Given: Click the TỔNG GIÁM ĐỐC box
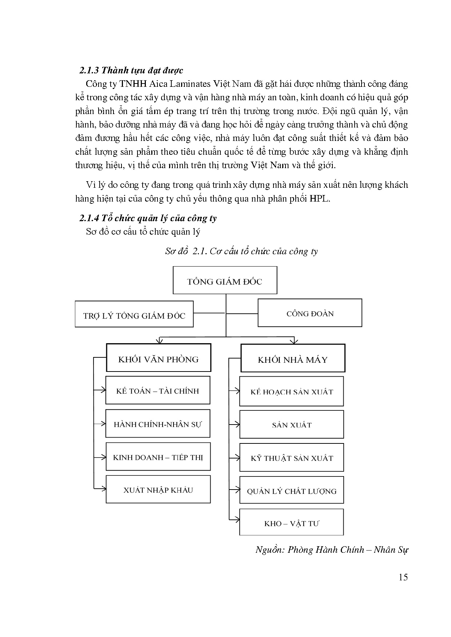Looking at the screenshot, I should (x=225, y=280).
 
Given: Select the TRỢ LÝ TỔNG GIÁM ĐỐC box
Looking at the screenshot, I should (x=134, y=315).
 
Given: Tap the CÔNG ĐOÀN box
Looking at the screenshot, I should (x=310, y=313).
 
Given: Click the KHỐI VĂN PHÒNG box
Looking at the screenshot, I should (x=158, y=358).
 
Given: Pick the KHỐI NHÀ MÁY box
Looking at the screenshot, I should (x=293, y=359).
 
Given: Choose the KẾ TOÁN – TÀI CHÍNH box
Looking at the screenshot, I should (x=158, y=390).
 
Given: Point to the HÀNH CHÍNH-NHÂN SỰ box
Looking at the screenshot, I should (x=158, y=424).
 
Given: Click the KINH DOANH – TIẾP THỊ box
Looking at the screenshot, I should (x=158, y=457).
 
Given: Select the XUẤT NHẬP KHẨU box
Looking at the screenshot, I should (x=158, y=490).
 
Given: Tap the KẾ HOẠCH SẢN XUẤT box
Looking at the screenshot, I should (x=291, y=391).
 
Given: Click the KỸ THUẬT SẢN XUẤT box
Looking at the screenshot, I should (x=291, y=458).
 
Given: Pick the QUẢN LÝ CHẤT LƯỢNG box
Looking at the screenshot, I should (x=291, y=491).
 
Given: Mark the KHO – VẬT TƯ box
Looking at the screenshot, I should (x=291, y=523).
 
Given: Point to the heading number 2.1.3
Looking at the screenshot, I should (x=89, y=70).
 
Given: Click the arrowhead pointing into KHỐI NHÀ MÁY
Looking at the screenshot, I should (x=294, y=341).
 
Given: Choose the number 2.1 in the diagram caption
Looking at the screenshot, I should (x=199, y=251).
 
